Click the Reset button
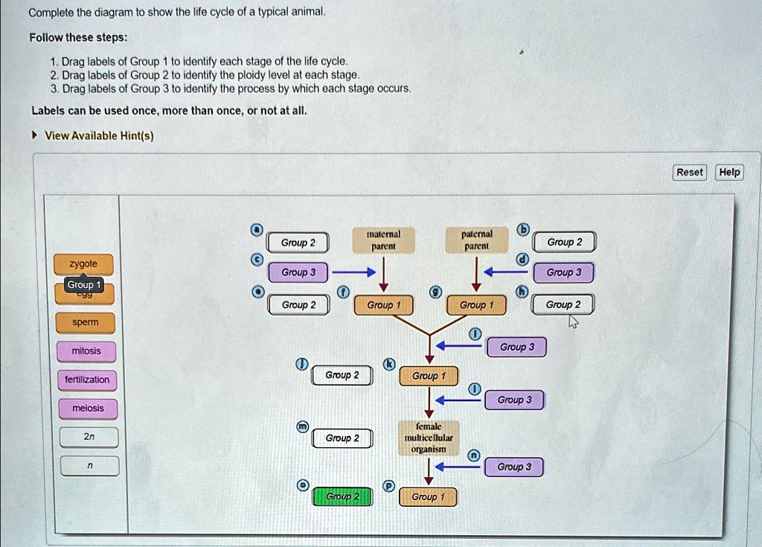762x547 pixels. tap(689, 173)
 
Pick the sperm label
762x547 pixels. tap(85, 323)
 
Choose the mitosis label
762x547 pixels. tap(86, 351)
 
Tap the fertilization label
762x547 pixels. tap(87, 380)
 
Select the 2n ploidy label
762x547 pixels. tap(89, 437)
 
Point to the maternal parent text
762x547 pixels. tap(382, 239)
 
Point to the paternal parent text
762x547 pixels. tap(476, 239)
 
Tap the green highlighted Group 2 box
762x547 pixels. tap(342, 496)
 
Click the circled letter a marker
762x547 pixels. tap(256, 229)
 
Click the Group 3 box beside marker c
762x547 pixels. tap(298, 272)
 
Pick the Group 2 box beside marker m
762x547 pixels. tap(342, 438)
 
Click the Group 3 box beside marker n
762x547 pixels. tap(514, 467)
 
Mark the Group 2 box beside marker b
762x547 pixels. tap(564, 243)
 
